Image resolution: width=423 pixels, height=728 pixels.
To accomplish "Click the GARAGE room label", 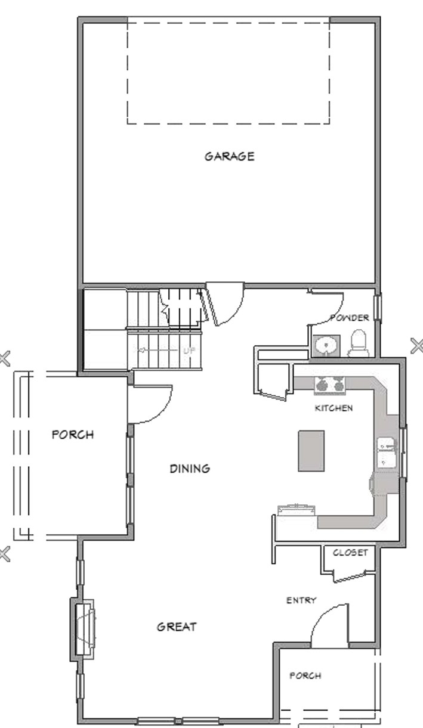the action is [x=229, y=157].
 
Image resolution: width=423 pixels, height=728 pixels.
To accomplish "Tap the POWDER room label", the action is [x=350, y=318].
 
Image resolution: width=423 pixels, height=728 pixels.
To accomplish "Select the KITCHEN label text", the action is [x=334, y=408].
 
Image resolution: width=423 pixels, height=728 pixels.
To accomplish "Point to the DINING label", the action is [x=190, y=469].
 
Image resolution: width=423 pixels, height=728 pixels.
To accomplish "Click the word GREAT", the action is [x=177, y=627].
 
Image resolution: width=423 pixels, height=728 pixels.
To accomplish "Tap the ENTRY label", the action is [x=301, y=600].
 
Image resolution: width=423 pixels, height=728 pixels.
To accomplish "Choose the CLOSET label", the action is [x=350, y=553].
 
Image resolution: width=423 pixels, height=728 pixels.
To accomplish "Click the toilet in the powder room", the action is [x=359, y=343].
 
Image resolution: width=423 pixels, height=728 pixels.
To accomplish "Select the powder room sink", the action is [x=326, y=346].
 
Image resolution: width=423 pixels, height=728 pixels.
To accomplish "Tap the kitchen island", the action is [x=311, y=451].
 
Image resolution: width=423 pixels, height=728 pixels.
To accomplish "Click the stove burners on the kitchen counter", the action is [x=330, y=385].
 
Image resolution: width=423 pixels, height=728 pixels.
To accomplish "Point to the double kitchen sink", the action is [x=386, y=453].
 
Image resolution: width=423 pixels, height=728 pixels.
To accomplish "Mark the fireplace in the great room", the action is [x=83, y=630].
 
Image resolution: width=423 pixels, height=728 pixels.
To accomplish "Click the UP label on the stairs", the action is [x=189, y=351].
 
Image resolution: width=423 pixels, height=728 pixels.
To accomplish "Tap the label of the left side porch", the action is [x=73, y=435].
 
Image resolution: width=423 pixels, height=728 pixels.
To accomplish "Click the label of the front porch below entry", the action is [x=305, y=676].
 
